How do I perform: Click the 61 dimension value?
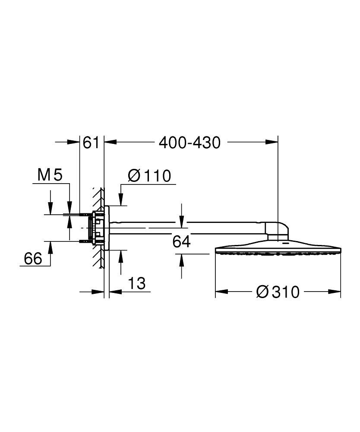[x=91, y=143]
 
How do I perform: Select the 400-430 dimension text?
[x=189, y=143]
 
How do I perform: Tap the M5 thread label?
[x=50, y=175]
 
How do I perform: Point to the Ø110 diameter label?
[x=149, y=176]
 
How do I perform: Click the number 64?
[x=181, y=242]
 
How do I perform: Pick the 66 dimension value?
[x=33, y=259]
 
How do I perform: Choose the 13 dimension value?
[x=137, y=284]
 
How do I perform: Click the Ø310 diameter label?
[x=277, y=292]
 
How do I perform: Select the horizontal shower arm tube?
[x=186, y=226]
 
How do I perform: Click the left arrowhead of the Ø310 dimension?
[x=218, y=292]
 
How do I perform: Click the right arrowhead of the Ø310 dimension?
[x=338, y=292]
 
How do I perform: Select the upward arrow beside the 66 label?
[x=51, y=247]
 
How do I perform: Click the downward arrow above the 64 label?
[x=182, y=223]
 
